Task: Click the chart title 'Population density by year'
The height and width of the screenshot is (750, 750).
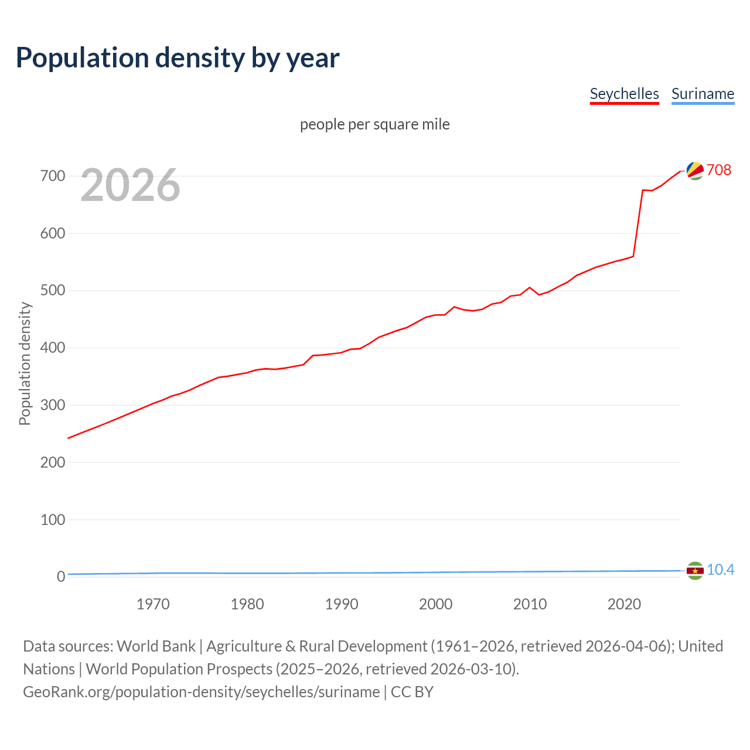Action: click(x=178, y=58)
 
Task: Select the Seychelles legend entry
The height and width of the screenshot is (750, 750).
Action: click(x=624, y=94)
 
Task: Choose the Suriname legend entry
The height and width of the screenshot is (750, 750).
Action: click(x=703, y=94)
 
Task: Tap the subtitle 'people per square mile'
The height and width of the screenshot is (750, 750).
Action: click(x=374, y=125)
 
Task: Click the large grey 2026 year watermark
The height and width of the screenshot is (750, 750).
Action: click(x=130, y=185)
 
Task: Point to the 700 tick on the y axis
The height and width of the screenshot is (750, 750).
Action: click(x=53, y=176)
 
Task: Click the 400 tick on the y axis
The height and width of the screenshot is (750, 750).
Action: click(x=53, y=348)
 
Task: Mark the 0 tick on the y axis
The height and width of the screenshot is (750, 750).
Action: click(x=61, y=577)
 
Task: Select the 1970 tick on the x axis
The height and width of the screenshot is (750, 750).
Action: click(x=153, y=604)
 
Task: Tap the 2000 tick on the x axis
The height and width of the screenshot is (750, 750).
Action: click(x=435, y=604)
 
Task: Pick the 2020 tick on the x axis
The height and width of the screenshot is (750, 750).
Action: click(x=624, y=604)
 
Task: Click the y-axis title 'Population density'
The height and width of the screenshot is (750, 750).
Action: click(x=25, y=363)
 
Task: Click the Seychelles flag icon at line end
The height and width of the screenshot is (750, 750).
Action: click(x=695, y=171)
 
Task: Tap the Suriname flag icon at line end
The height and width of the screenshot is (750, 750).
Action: click(x=695, y=571)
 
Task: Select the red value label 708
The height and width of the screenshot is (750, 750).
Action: click(x=719, y=170)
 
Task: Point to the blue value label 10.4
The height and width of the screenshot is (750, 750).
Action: click(x=720, y=570)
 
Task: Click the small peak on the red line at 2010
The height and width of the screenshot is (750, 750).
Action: click(x=530, y=288)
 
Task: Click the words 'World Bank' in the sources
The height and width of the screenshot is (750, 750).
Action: click(x=156, y=646)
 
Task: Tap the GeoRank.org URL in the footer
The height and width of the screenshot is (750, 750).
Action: click(x=201, y=692)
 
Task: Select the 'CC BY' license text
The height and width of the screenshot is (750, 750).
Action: click(x=412, y=692)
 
